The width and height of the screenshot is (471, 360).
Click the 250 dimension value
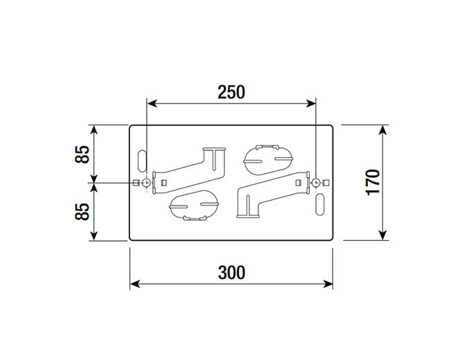[x=231, y=92]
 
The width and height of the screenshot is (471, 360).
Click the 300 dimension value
[x=231, y=273]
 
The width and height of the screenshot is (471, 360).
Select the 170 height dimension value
[x=373, y=182]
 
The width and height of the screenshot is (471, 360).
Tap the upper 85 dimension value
[x=82, y=154]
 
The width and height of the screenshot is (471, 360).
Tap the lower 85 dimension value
[x=82, y=212]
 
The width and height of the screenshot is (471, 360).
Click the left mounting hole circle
[x=146, y=183]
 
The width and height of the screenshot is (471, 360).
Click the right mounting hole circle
[x=316, y=183]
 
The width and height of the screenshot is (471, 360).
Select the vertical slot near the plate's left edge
[x=141, y=161]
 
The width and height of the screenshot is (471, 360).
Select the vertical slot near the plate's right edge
[x=320, y=204]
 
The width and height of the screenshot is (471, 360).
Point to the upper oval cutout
[x=268, y=160]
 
